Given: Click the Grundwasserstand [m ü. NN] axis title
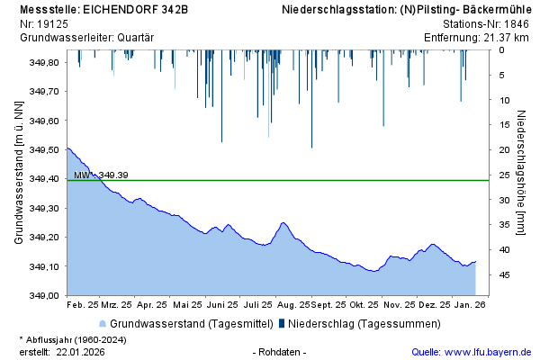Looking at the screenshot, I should [19, 172].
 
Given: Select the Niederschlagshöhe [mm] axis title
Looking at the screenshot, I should [522, 172].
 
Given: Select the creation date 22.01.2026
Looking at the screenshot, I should [81, 351].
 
